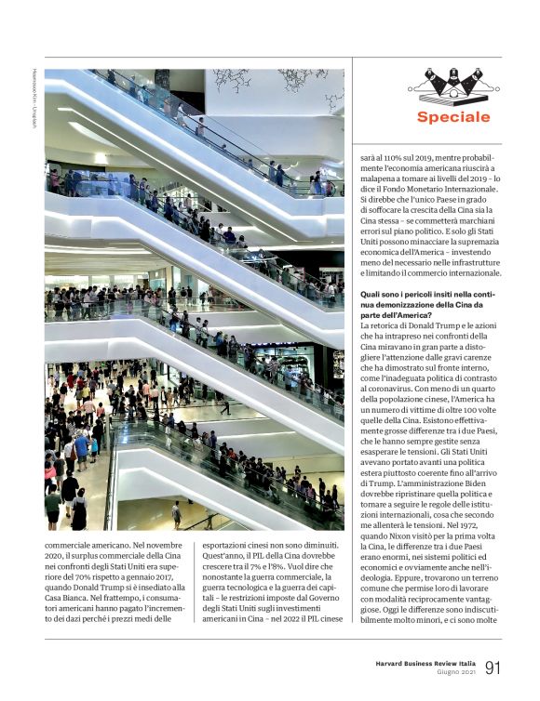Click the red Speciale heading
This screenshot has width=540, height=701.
pos(453,117)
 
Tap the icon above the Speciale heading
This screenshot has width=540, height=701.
pos(452,86)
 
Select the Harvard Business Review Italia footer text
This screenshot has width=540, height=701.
pos(420,662)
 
